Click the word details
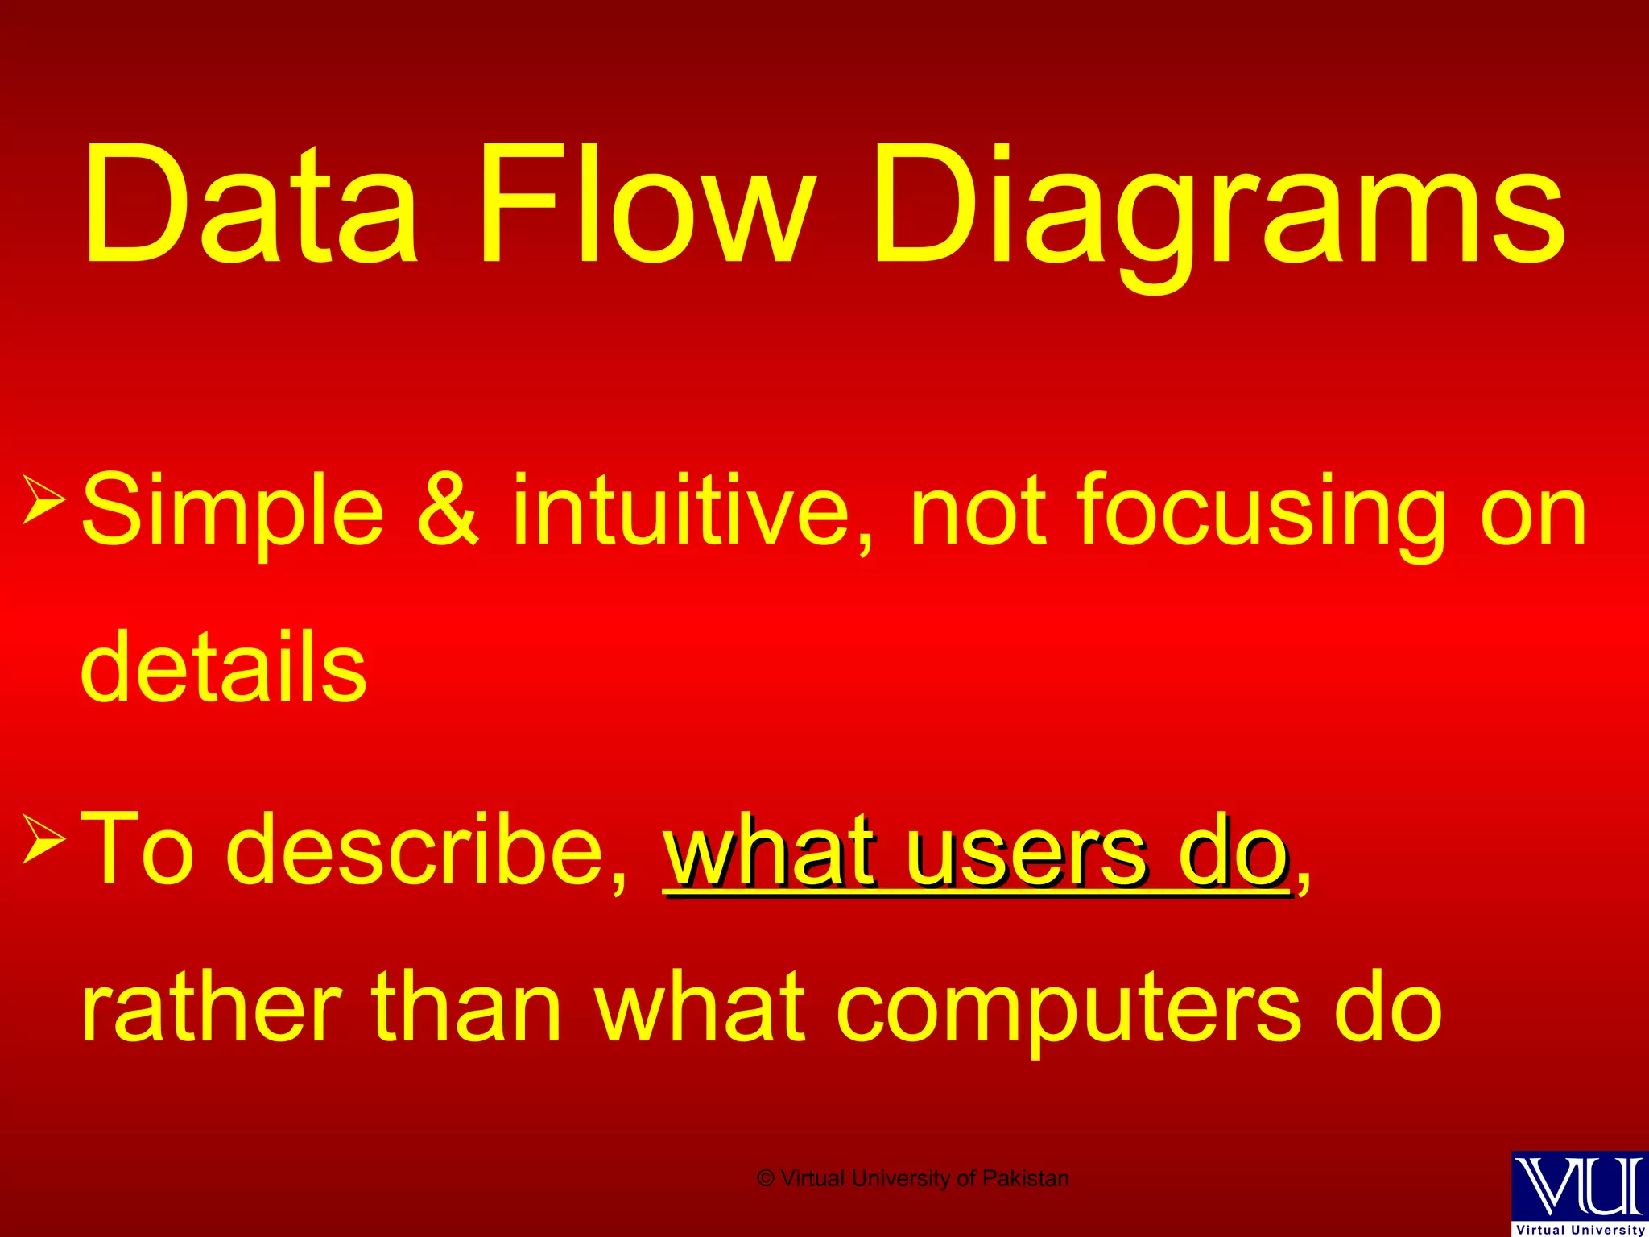pyautogui.click(x=224, y=668)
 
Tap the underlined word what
pyautogui.click(x=769, y=850)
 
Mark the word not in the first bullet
pyautogui.click(x=978, y=511)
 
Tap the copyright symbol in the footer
pyautogui.click(x=766, y=1178)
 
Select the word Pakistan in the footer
pyautogui.click(x=1026, y=1178)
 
